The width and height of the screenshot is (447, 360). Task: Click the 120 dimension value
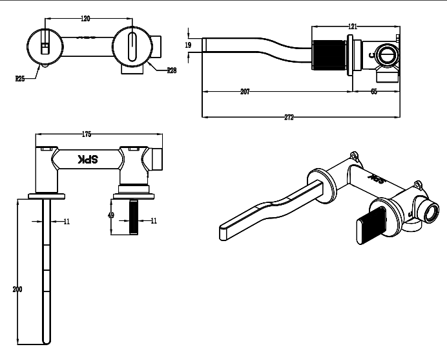pyautogui.click(x=85, y=19)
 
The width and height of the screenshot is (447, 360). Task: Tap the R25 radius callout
pyautogui.click(x=20, y=78)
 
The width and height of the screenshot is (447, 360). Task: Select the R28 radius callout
pyautogui.click(x=172, y=70)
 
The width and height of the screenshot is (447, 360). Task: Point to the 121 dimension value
pyautogui.click(x=353, y=26)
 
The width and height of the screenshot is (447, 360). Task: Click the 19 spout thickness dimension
pyautogui.click(x=188, y=45)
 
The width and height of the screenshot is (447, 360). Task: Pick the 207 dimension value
pyautogui.click(x=245, y=92)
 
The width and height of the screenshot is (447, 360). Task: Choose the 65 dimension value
pyautogui.click(x=374, y=92)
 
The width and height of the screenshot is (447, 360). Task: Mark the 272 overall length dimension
pyautogui.click(x=289, y=117)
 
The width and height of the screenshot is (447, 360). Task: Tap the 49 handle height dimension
pyautogui.click(x=111, y=216)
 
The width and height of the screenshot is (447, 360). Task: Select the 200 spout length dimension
pyautogui.click(x=17, y=289)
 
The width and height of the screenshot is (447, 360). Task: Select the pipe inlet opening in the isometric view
pyautogui.click(x=430, y=211)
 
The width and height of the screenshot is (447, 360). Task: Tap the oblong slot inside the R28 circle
pyautogui.click(x=132, y=47)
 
